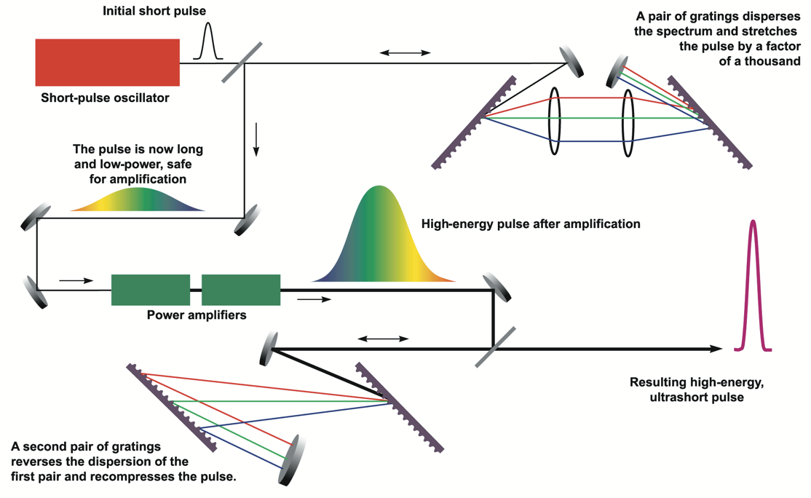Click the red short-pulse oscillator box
tap(107, 63)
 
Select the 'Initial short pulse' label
tap(154, 11)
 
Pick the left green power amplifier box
tap(151, 290)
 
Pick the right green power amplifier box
tap(241, 290)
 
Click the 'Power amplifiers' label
tap(197, 315)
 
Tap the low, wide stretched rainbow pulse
tap(138, 201)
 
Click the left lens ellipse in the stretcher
tap(555, 121)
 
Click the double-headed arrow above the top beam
tap(405, 52)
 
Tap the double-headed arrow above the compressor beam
tap(383, 339)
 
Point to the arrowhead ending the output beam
tap(716, 349)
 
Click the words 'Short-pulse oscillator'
tap(105, 97)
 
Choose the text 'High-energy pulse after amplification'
tap(531, 224)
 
